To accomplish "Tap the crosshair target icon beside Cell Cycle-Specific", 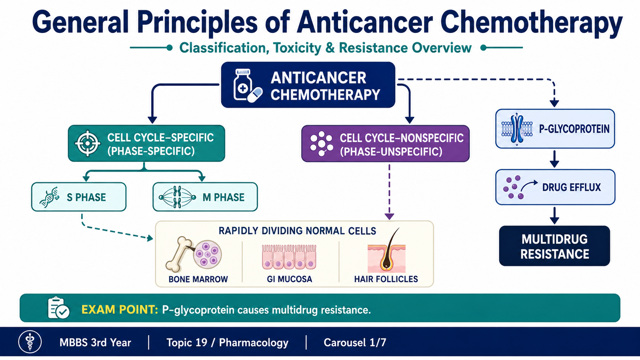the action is click(88, 143).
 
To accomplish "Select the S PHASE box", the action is click(79, 197).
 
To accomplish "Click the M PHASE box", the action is click(205, 197).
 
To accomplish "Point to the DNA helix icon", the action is click(49, 197).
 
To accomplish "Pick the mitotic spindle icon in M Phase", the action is click(178, 197).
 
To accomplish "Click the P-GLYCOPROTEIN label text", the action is click(574, 129).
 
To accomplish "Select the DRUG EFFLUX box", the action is click(555, 187).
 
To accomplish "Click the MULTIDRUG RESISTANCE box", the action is click(554, 246).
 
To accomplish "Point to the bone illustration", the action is click(180, 254).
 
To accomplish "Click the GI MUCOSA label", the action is click(290, 279).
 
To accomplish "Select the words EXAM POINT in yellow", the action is click(120, 310).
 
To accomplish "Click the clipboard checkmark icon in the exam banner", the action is click(58, 308).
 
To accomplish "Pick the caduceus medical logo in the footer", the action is click(30, 342).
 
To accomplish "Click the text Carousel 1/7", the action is click(355, 342).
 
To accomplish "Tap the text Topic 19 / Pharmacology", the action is click(228, 342).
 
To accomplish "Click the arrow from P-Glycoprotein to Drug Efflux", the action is click(554, 159).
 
